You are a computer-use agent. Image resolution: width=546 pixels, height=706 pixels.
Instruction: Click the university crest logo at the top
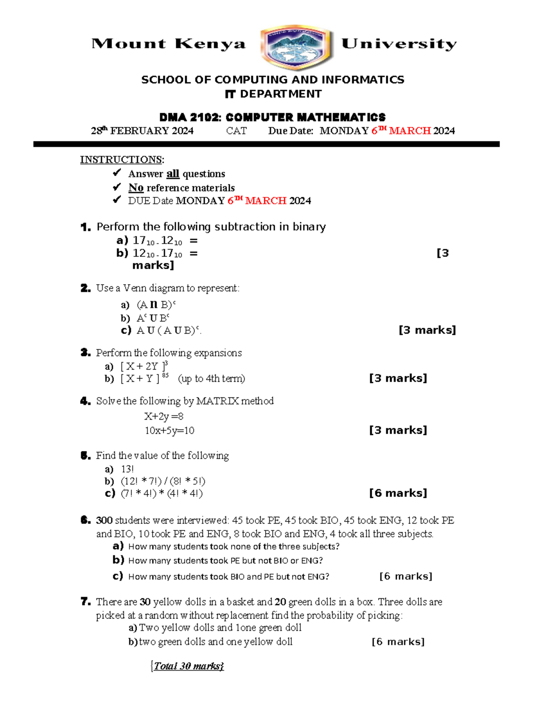[297, 47]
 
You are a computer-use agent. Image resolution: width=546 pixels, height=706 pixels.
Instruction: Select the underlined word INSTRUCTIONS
[121, 160]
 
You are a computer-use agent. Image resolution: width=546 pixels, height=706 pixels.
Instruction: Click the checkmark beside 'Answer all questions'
[117, 173]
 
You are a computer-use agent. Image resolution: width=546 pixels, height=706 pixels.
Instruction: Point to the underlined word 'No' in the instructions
[136, 188]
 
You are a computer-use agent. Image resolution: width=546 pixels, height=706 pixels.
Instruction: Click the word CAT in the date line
[236, 131]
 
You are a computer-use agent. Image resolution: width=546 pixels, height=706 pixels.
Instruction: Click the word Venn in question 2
[135, 288]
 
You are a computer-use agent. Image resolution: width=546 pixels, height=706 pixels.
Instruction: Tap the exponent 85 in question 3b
[165, 375]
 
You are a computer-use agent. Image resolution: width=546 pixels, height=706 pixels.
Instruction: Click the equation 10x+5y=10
[169, 431]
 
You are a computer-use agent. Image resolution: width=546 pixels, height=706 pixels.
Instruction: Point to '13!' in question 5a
[127, 469]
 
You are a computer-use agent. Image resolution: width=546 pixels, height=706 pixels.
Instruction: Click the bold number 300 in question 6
[104, 521]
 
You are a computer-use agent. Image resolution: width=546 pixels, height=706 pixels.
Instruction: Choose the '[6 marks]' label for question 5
[398, 493]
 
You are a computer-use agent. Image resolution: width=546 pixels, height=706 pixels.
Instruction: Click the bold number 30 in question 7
[145, 602]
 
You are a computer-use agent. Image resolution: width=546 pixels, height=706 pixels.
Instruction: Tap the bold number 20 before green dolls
[280, 602]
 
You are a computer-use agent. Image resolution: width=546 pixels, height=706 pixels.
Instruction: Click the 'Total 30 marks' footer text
[188, 666]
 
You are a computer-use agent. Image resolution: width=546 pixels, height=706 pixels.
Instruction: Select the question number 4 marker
[85, 401]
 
